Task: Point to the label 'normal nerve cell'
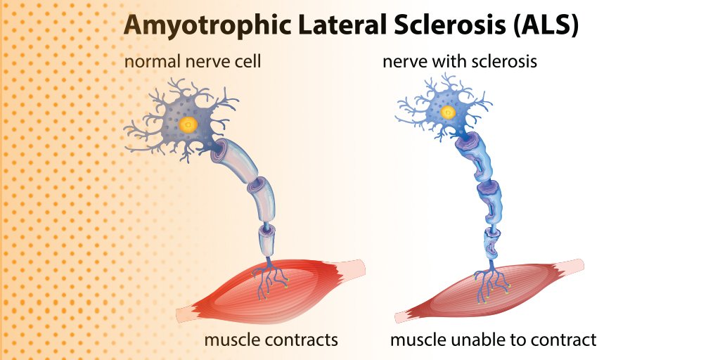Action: coord(193,62)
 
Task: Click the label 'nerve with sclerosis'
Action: coord(460,62)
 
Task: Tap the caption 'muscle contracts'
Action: coord(271,340)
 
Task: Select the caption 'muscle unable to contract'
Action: coord(493,340)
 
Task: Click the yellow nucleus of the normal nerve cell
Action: coord(188,125)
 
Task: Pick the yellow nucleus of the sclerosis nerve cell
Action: coord(448,112)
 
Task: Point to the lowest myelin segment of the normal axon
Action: coord(268,242)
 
